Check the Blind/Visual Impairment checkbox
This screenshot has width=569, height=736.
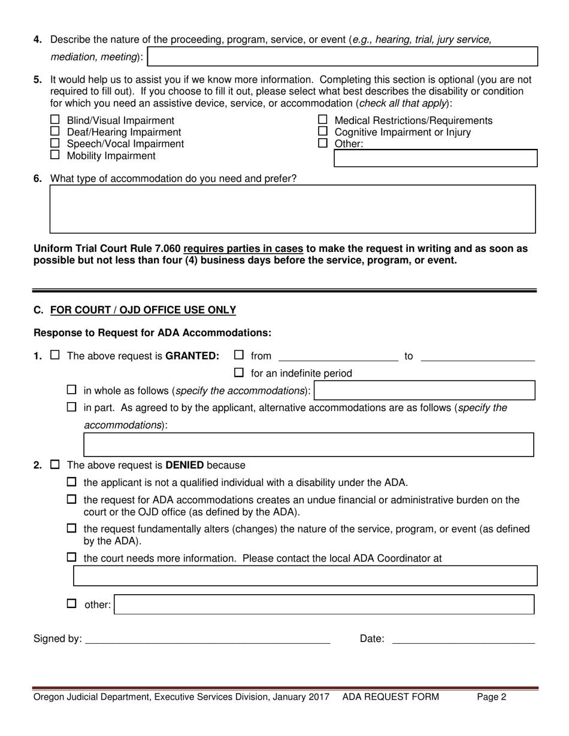[55, 120]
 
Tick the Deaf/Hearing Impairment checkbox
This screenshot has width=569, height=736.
[55, 131]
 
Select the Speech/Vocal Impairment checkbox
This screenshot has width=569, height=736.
[55, 143]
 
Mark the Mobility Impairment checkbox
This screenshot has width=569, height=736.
[55, 154]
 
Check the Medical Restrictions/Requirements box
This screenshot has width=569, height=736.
[323, 120]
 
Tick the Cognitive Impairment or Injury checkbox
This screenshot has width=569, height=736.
[323, 131]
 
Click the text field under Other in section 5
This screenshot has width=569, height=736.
[435, 159]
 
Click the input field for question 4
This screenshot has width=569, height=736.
[342, 57]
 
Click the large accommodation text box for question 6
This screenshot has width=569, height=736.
[292, 209]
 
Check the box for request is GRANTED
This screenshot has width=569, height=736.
[55, 355]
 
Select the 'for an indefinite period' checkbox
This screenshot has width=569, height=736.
[239, 373]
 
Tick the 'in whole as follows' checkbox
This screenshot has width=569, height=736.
[72, 390]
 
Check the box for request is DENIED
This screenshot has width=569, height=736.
[55, 464]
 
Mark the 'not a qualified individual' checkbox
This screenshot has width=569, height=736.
[72, 482]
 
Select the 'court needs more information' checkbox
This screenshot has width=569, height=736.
[72, 558]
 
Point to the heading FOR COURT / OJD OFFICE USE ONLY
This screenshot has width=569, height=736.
[143, 310]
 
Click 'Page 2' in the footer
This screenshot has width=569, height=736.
[491, 697]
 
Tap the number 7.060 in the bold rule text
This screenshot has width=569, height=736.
[165, 248]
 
